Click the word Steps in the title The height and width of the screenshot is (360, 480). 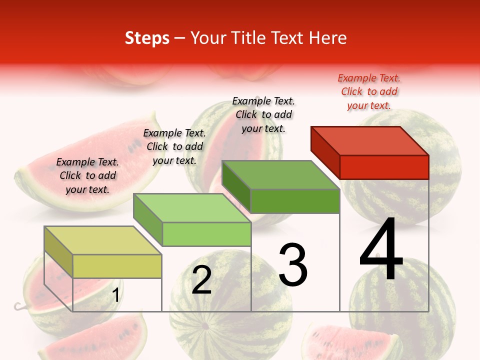click(x=147, y=38)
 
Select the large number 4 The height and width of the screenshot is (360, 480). click(x=381, y=250)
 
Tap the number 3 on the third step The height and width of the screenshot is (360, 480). click(x=293, y=265)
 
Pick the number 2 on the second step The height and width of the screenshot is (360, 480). click(x=201, y=280)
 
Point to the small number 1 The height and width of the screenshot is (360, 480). click(x=116, y=295)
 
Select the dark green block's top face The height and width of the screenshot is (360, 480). click(x=280, y=175)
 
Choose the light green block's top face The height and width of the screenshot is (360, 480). click(x=192, y=208)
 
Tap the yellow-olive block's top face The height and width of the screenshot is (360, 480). click(x=103, y=240)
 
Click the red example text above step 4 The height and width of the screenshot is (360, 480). click(x=369, y=91)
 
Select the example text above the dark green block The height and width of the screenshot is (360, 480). click(x=263, y=114)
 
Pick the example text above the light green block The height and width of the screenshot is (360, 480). click(x=174, y=146)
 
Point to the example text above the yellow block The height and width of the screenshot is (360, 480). click(x=87, y=175)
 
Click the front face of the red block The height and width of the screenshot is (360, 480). click(x=384, y=167)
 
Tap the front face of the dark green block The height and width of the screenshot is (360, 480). click(x=295, y=201)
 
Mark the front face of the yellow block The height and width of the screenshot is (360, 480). click(x=117, y=266)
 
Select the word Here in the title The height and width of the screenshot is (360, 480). click(x=328, y=38)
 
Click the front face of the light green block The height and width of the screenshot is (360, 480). click(x=206, y=234)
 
